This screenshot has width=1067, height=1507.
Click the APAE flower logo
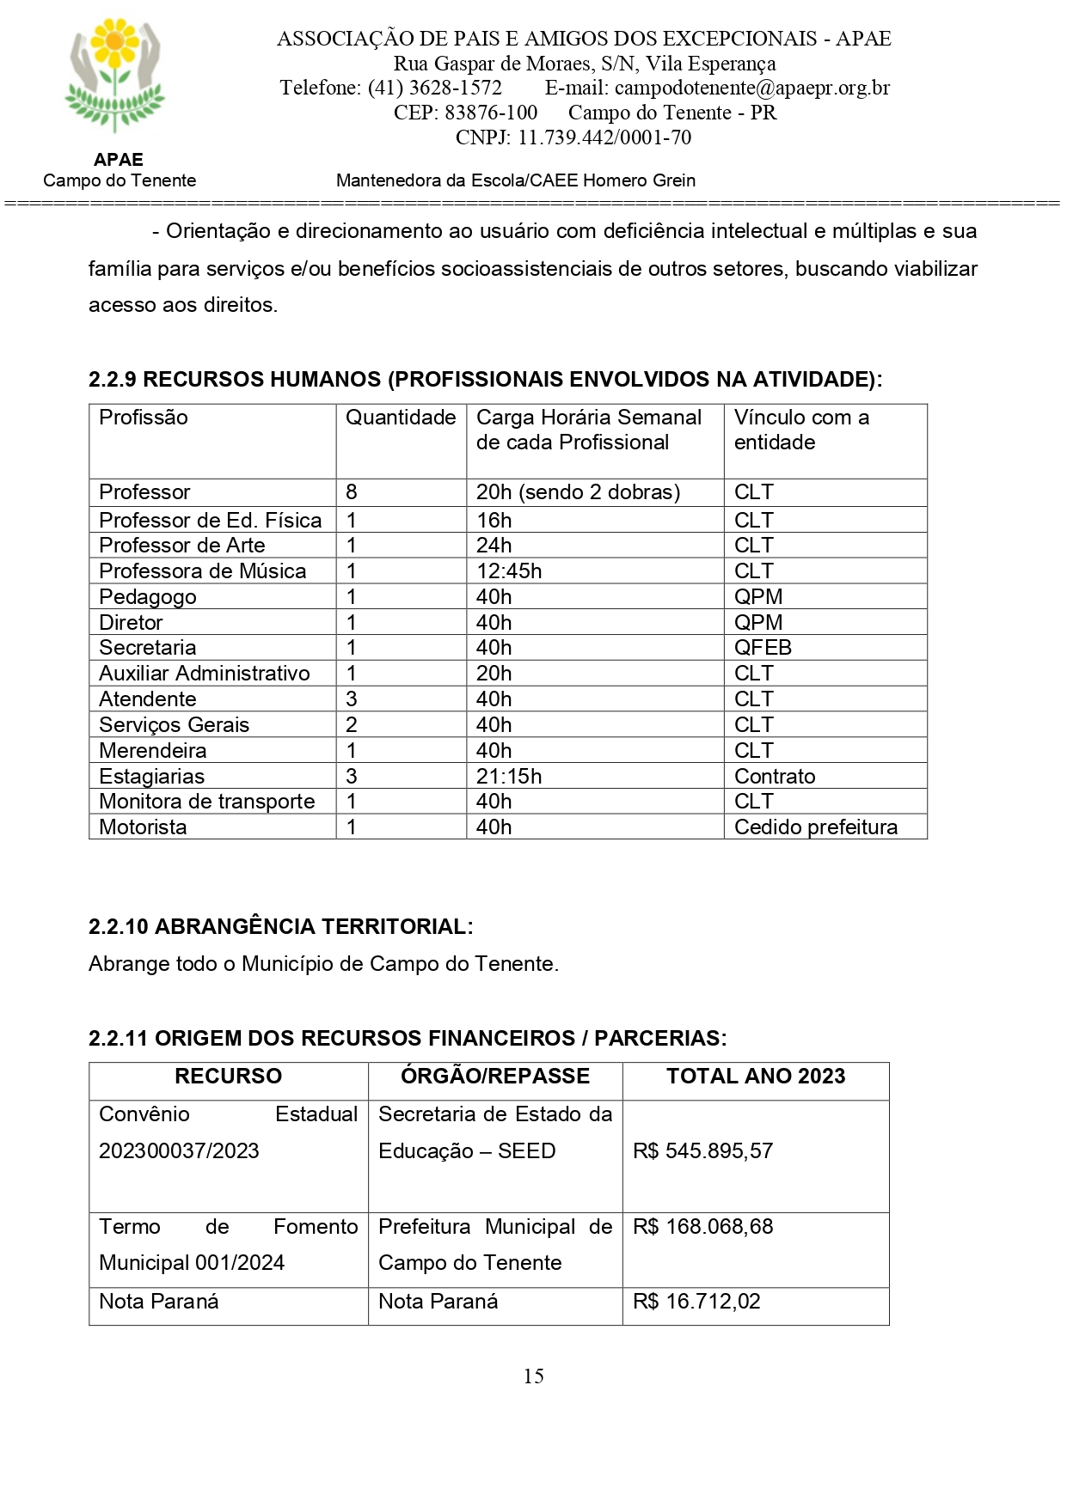(x=115, y=76)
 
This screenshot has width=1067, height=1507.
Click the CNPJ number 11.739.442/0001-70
(x=604, y=137)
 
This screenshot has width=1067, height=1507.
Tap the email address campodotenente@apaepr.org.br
(x=752, y=88)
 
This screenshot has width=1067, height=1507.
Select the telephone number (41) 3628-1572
(x=435, y=88)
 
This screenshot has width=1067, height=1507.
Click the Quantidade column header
(x=401, y=418)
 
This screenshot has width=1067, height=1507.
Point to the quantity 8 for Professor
(x=352, y=492)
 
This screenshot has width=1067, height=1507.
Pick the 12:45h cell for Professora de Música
(x=509, y=571)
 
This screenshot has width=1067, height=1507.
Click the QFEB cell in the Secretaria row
(x=763, y=648)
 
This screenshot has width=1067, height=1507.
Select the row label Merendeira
(x=153, y=751)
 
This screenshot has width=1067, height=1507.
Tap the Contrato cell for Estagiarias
(x=775, y=777)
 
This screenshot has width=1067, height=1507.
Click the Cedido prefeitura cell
(x=816, y=827)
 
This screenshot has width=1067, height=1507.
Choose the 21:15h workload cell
(x=509, y=777)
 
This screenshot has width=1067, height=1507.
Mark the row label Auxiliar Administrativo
(x=205, y=674)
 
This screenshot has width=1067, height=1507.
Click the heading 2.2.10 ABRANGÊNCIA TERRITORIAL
(x=280, y=927)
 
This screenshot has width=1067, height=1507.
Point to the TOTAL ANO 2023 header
(x=756, y=1077)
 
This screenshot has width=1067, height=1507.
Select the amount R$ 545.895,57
(x=702, y=1151)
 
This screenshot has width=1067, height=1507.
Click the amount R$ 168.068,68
(x=702, y=1227)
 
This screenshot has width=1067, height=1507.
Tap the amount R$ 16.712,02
(x=696, y=1302)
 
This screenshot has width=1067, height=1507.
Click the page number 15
(x=533, y=1376)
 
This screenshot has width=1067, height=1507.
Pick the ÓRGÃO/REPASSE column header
(x=495, y=1077)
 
